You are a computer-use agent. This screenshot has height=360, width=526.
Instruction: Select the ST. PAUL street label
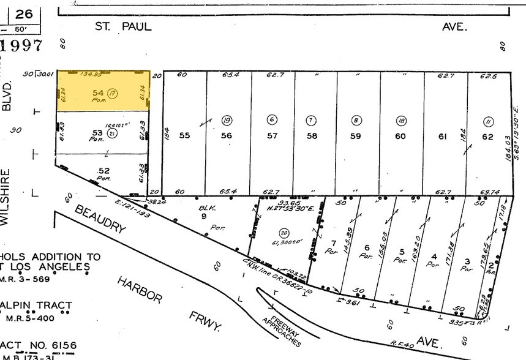point(123,26)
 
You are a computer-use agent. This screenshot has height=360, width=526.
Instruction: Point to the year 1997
point(22,46)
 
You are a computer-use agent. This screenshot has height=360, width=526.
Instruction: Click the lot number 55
point(184,136)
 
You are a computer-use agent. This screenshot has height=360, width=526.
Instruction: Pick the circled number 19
point(227,120)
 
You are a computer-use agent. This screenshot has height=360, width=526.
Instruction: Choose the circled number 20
point(283,232)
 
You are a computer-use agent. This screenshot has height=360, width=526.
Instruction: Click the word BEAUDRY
point(101,219)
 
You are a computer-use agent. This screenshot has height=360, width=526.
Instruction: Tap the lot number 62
point(487,137)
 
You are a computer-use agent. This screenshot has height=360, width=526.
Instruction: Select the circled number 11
point(488,120)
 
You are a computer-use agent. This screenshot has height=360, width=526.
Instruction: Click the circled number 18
point(400,120)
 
